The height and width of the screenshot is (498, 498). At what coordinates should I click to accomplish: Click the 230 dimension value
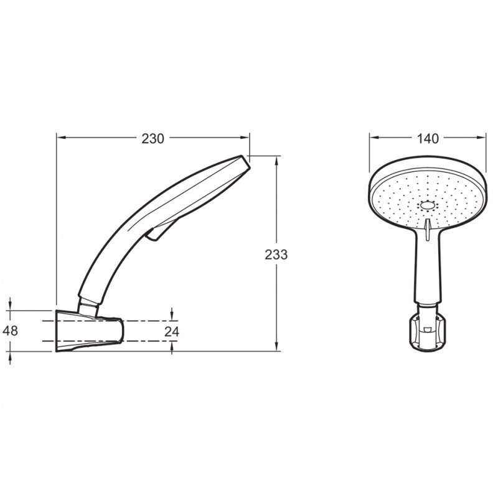[153, 139]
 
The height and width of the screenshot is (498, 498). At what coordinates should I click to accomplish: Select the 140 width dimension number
[428, 139]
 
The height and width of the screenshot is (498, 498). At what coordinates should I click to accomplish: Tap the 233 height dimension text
[276, 255]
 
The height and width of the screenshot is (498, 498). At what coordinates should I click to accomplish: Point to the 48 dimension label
[10, 331]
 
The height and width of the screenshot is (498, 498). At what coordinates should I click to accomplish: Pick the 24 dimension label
[172, 332]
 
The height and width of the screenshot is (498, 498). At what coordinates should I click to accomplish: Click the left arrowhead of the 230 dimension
[61, 138]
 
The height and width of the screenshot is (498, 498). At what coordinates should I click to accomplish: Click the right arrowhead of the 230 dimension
[245, 138]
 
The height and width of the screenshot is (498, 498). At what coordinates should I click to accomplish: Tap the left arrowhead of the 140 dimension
[374, 138]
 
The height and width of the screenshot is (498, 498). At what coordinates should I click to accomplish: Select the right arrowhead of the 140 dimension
[481, 138]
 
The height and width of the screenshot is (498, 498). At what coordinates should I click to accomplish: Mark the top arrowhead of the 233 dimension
[276, 161]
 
